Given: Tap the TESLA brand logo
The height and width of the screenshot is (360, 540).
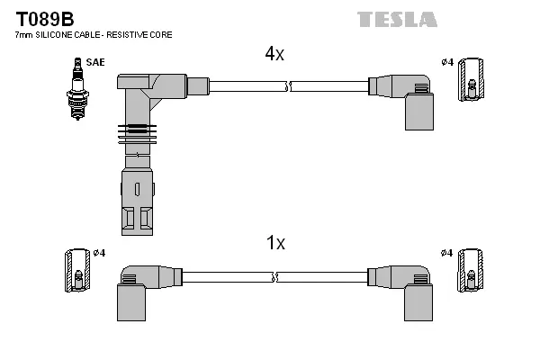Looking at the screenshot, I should click(397, 19).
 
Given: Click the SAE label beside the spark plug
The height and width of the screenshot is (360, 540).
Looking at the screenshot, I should click(94, 62).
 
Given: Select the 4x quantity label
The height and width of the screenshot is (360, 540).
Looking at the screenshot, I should click(274, 54).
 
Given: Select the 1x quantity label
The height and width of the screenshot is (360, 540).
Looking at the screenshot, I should click(275, 243).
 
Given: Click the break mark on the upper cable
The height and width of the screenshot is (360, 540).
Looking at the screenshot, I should click(288, 86).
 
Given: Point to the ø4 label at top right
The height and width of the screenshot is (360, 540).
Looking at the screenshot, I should click(447, 61).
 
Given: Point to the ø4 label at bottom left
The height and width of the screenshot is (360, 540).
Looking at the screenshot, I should click(99, 253).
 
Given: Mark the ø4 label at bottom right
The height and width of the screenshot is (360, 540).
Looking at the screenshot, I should click(447, 253).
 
